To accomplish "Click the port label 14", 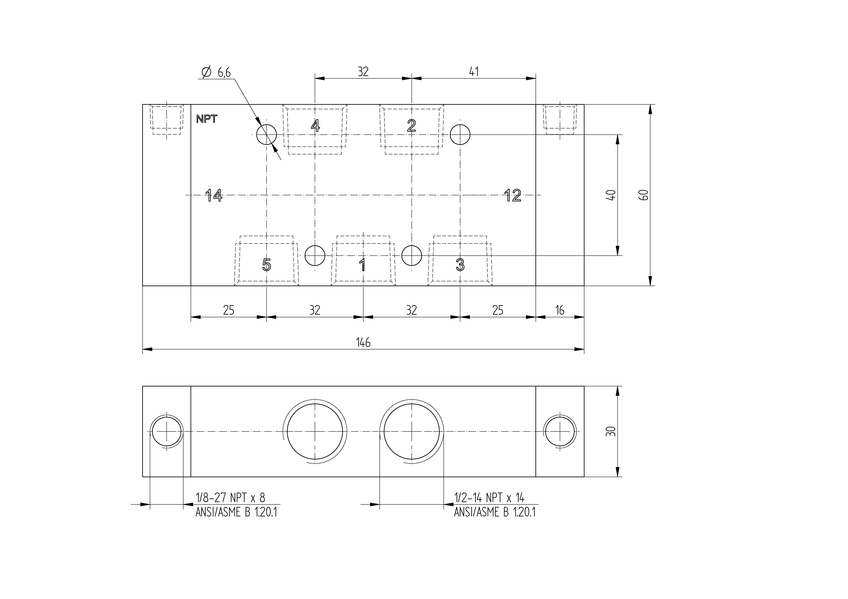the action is tap(214, 195).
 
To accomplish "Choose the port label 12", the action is tap(513, 195).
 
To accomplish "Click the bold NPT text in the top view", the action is tap(207, 119).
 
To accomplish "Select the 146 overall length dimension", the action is tap(363, 343).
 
